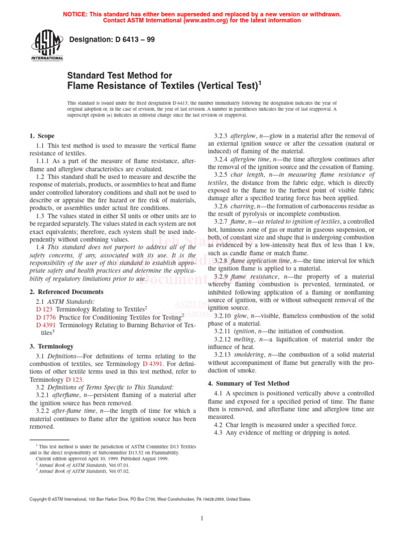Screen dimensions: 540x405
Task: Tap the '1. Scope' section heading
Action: [42, 136]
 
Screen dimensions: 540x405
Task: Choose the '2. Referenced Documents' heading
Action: [66, 292]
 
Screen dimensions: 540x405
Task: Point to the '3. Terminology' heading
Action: [52, 346]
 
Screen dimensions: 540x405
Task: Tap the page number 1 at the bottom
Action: [202, 518]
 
